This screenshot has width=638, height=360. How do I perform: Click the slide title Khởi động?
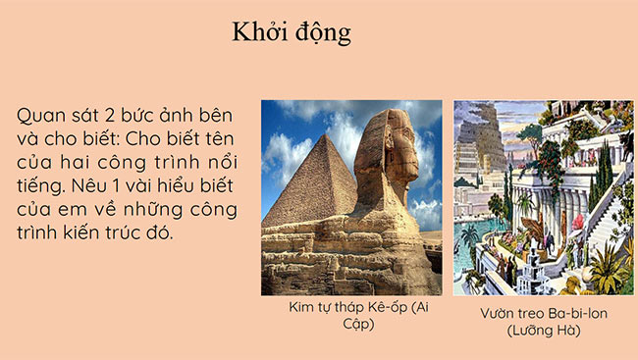292,32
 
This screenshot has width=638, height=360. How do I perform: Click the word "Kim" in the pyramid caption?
301,309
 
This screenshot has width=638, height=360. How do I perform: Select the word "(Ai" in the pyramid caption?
420,309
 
